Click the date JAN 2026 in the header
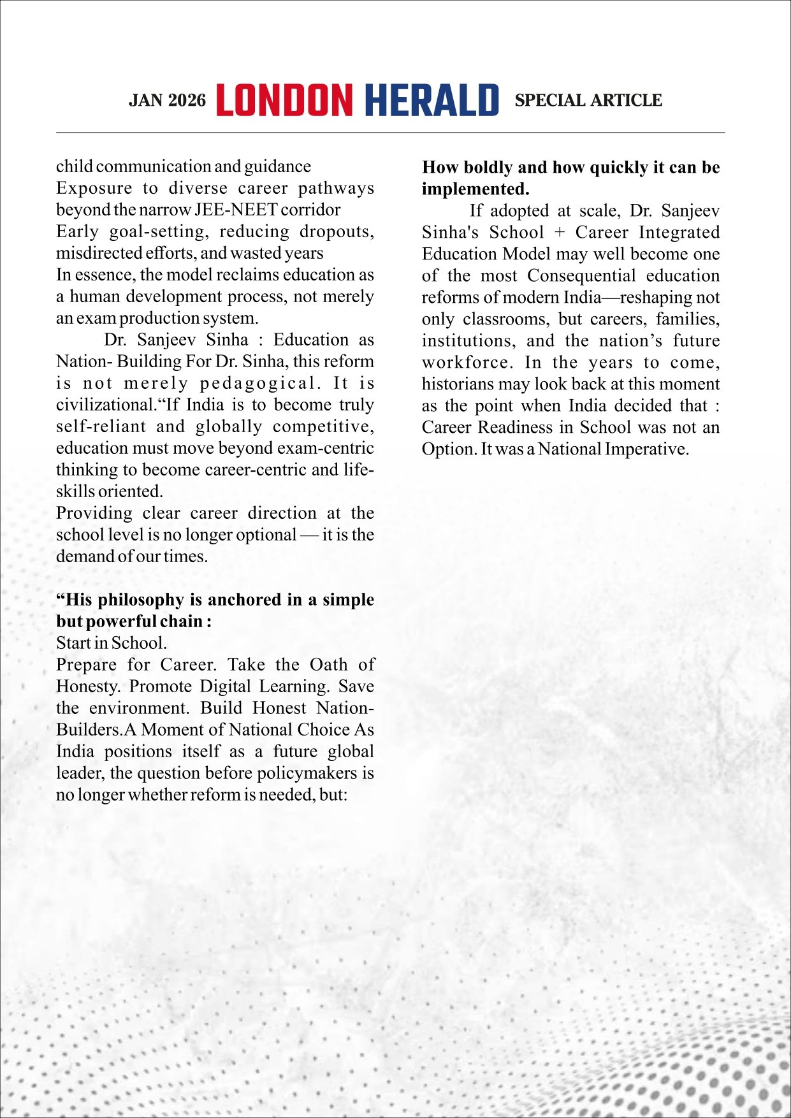coord(167,101)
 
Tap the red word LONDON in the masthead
coord(284,101)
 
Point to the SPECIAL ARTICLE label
coord(588,101)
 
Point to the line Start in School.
coord(112,643)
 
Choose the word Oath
coord(328,665)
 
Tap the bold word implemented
coord(475,189)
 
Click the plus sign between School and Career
coord(560,233)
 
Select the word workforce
coord(466,363)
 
